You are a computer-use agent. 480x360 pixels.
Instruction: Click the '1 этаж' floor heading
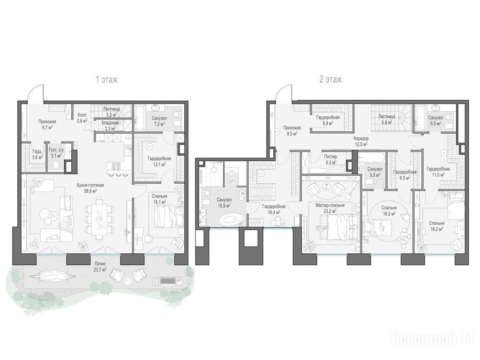[106, 80]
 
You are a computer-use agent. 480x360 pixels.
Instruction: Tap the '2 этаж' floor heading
[330, 80]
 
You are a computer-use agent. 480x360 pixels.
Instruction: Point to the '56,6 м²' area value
[90, 191]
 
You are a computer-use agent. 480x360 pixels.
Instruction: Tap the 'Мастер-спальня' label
[330, 205]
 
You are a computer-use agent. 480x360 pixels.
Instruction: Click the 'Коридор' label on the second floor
[361, 138]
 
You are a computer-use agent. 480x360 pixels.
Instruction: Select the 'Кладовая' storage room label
[110, 123]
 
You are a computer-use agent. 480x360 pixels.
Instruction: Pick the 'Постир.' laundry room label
[331, 157]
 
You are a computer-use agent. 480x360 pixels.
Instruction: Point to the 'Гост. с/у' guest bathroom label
[56, 150]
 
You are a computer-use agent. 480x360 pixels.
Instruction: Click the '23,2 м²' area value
[330, 211]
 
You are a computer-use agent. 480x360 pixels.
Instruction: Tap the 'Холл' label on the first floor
[82, 115]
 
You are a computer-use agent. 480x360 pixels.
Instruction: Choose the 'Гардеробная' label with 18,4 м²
[274, 207]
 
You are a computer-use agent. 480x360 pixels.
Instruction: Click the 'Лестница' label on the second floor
[387, 116]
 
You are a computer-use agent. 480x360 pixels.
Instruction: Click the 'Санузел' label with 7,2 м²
[159, 118]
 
